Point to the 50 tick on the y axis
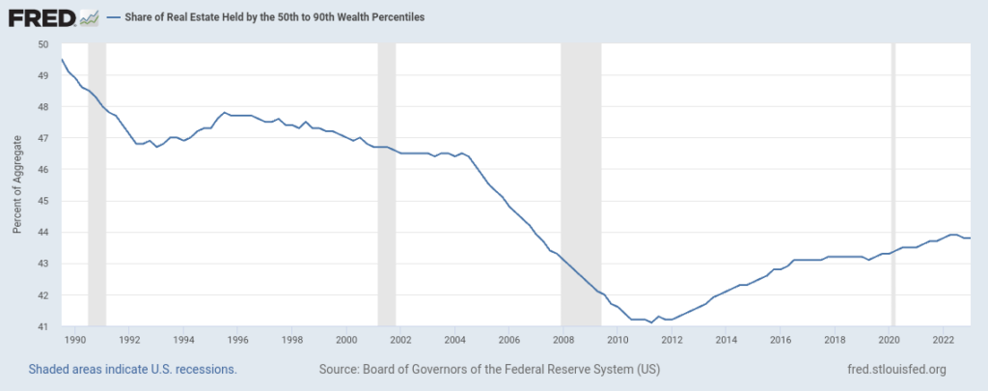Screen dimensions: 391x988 point(43,44)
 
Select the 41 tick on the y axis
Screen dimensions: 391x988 point(43,326)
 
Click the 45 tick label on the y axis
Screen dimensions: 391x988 point(43,201)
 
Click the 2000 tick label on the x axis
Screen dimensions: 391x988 point(347,340)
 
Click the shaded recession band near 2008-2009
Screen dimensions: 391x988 point(581,183)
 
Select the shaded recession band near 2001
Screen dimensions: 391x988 point(387,183)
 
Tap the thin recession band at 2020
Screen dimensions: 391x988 point(893,183)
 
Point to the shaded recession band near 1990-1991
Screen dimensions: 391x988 point(96,183)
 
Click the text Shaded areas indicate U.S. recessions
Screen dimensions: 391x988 point(132,370)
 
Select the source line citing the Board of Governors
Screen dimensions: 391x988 point(489,370)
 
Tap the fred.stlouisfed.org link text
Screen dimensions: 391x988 point(894,370)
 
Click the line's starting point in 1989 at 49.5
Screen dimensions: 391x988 point(63,60)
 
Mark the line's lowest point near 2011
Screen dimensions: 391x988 point(651,322)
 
